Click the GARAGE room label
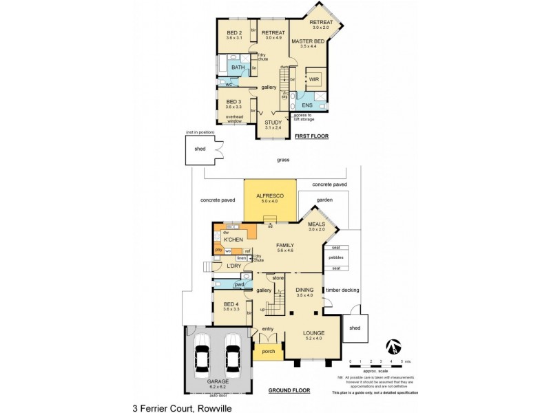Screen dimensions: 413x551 pos(218,381)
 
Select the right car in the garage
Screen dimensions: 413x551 pos(233,354)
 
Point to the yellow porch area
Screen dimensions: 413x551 pos(269,351)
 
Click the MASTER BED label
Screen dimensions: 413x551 pos(303,41)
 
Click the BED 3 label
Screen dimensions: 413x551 pos(234,102)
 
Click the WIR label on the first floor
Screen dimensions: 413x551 pos(314,80)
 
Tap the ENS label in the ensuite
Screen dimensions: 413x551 pos(307,105)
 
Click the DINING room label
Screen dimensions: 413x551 pos(304,290)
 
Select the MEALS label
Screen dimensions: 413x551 pos(316,224)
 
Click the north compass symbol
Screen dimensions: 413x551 pos(393,345)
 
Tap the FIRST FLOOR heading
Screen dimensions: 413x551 pos(311,137)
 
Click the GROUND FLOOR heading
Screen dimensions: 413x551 pos(289,390)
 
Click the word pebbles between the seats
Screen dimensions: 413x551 pos(336,257)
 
